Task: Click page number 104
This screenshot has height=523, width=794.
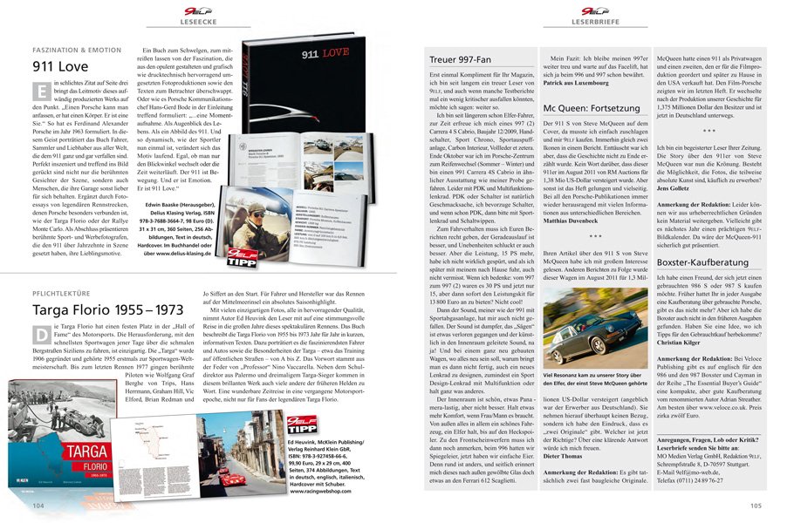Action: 38,505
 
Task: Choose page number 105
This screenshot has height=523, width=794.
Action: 755,505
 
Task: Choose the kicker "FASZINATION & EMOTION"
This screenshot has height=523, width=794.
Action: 77,49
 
